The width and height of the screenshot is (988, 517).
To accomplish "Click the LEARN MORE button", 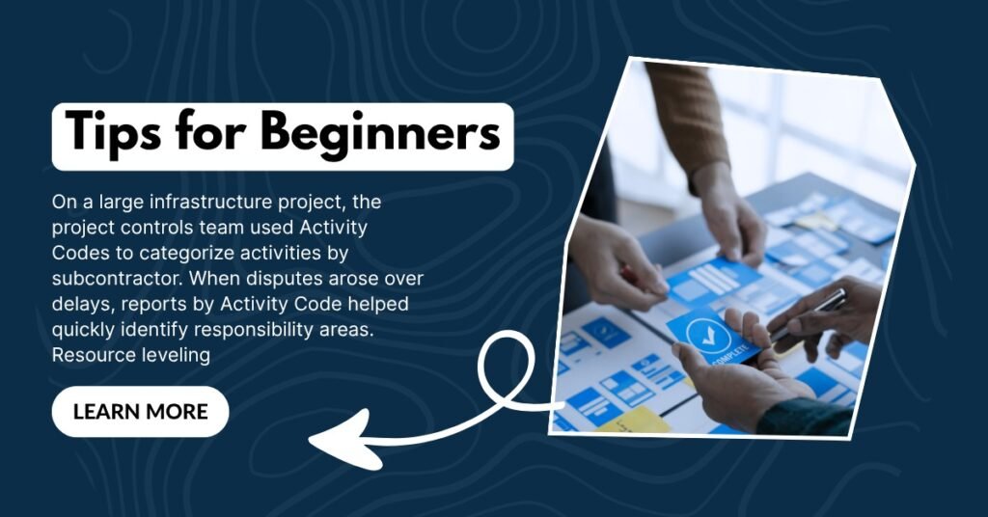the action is click(x=140, y=412).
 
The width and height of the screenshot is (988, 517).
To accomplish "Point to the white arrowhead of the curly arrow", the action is click(x=346, y=440).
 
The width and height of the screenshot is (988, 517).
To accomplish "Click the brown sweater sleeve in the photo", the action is click(x=687, y=120).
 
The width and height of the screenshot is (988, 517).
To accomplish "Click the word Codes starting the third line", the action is click(x=79, y=253).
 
